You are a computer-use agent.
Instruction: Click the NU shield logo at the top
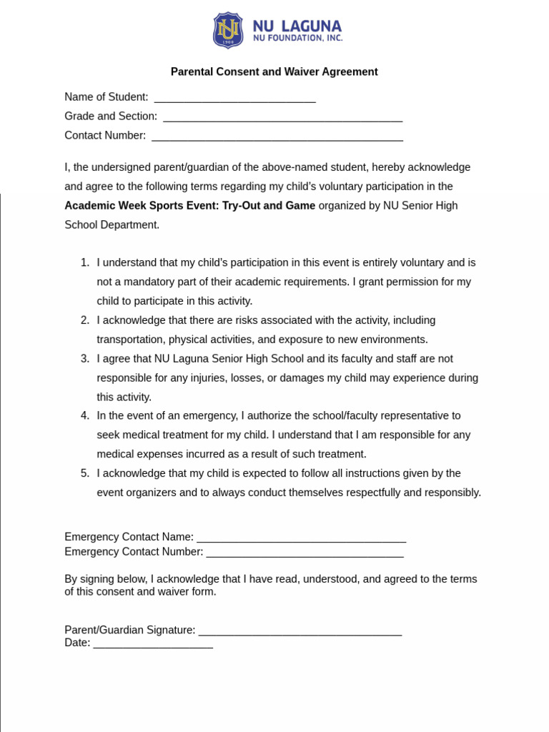[x=228, y=30]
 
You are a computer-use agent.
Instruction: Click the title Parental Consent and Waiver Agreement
[x=274, y=71]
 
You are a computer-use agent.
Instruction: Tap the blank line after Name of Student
[x=234, y=98]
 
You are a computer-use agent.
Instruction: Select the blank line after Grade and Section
[x=282, y=117]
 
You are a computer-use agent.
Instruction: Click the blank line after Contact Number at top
[x=277, y=137]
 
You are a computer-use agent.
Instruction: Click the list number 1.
[x=85, y=262]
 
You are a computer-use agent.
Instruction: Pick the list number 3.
[x=85, y=359]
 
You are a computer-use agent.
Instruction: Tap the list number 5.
[x=85, y=473]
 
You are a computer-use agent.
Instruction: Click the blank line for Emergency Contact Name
[x=301, y=538]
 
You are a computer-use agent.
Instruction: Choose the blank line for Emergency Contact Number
[x=305, y=553]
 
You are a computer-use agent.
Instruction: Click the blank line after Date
[x=153, y=644]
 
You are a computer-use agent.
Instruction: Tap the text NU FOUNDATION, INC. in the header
[x=297, y=39]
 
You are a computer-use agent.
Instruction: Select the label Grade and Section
[x=111, y=116]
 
